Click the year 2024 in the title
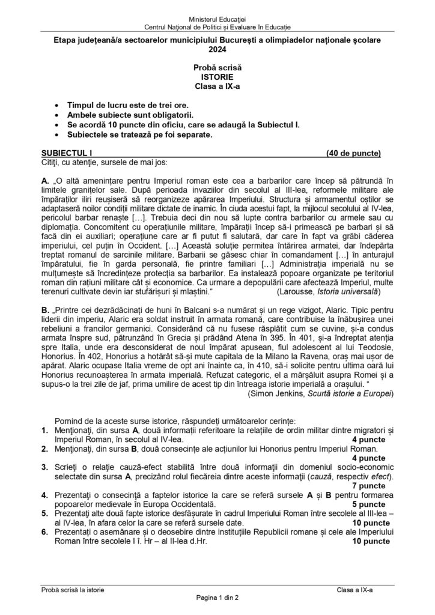[x=218, y=52]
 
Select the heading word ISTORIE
[x=218, y=77]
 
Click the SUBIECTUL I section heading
[x=64, y=153]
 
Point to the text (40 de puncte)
[x=354, y=153]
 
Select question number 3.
[x=45, y=467]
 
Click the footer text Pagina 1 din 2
[x=218, y=598]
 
